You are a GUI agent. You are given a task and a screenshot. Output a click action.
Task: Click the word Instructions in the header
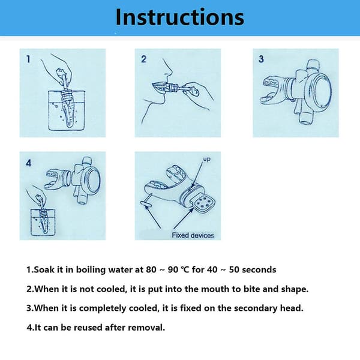(180, 17)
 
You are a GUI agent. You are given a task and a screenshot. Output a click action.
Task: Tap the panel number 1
(28, 59)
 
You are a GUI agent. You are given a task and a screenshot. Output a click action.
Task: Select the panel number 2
(143, 59)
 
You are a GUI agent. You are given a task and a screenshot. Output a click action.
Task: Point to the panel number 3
(261, 59)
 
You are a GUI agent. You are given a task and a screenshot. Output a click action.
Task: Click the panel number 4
(28, 163)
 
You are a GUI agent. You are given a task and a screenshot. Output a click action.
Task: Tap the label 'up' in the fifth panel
(206, 159)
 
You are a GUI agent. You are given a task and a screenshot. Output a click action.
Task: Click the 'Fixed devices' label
(193, 235)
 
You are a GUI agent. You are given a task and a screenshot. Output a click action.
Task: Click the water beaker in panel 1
(67, 111)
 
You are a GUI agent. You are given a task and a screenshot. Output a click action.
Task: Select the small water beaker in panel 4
(43, 222)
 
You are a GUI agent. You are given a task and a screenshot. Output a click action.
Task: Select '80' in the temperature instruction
(151, 269)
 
